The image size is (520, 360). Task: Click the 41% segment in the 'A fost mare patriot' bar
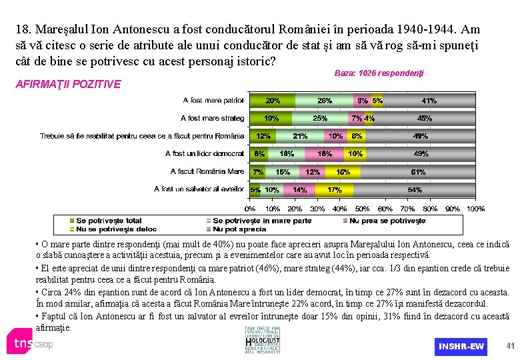click(429, 101)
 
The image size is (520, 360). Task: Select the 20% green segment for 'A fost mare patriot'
click(272, 101)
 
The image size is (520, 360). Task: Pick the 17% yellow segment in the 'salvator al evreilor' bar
click(334, 190)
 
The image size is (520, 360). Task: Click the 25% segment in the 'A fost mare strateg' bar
click(320, 119)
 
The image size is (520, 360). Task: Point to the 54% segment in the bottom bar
click(415, 190)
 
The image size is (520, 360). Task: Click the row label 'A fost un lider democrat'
click(205, 154)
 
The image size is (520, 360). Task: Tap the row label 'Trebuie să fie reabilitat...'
click(142, 136)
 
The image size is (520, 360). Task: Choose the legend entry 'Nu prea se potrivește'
click(387, 220)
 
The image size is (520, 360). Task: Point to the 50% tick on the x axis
click(362, 209)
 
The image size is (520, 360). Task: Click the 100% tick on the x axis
click(475, 209)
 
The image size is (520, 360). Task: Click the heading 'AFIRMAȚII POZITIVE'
click(78, 84)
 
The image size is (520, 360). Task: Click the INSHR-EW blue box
click(461, 346)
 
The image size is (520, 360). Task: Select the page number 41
click(511, 345)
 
